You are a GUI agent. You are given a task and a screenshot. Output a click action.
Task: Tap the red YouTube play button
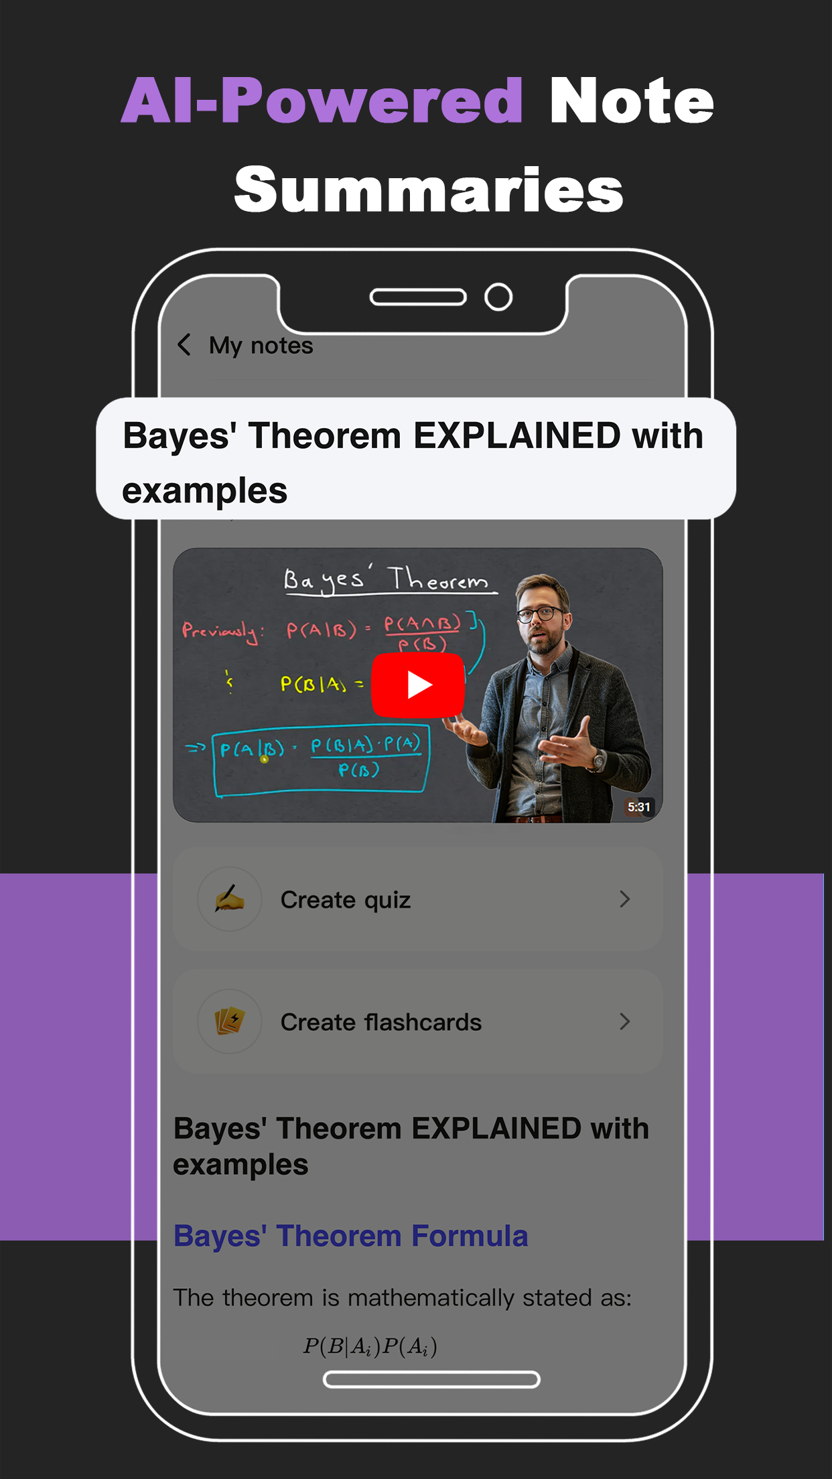(x=418, y=685)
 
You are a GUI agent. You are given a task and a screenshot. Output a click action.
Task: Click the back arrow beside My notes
(x=184, y=345)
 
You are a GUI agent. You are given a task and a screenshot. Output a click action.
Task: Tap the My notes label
(x=261, y=346)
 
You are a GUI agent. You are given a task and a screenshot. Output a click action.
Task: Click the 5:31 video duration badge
(x=638, y=806)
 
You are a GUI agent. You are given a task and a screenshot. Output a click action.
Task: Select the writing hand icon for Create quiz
(x=230, y=899)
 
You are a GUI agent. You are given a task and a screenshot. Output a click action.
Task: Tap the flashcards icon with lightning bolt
(x=230, y=1022)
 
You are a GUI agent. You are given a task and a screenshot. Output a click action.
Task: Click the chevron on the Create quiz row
(x=624, y=899)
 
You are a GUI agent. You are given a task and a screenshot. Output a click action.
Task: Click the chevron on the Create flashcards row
(x=624, y=1022)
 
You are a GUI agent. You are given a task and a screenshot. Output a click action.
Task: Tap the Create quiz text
(x=345, y=900)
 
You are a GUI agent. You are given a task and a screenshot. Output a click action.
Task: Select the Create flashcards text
(x=380, y=1022)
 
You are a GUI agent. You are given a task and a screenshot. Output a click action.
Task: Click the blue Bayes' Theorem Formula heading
(x=350, y=1236)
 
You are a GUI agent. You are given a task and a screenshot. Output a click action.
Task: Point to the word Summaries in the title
(x=429, y=190)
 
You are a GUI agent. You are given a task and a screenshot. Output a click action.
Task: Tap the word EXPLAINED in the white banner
(x=516, y=436)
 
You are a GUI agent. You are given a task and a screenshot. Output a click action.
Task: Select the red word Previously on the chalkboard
(x=222, y=631)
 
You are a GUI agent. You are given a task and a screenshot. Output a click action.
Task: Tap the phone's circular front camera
(x=498, y=297)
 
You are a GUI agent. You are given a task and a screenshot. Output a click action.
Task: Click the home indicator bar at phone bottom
(x=431, y=1379)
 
